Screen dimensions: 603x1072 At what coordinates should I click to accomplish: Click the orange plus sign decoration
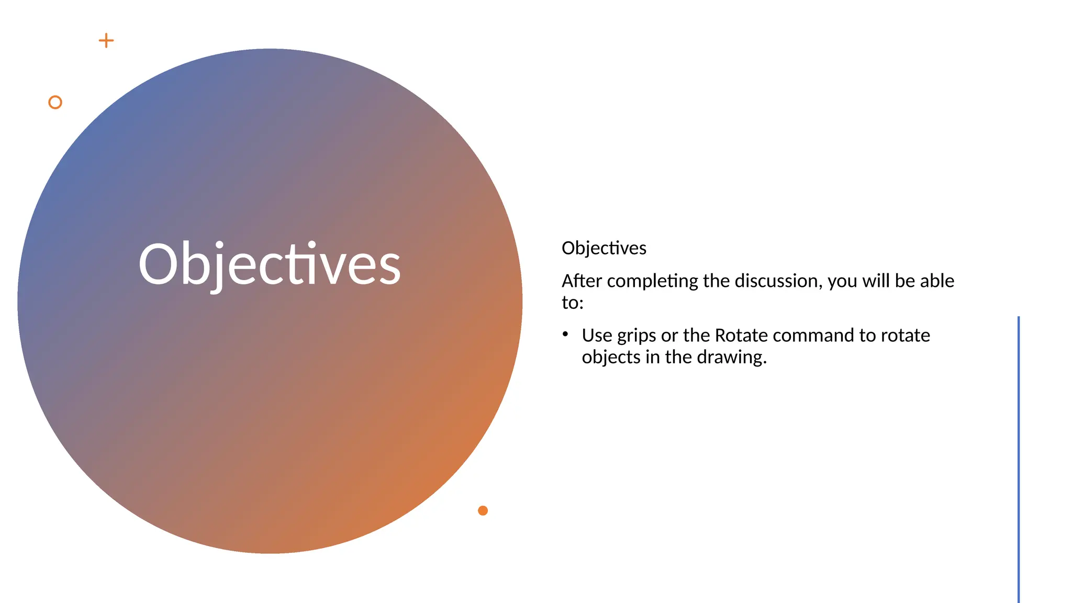(x=106, y=41)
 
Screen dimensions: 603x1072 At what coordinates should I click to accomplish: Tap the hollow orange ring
(x=55, y=102)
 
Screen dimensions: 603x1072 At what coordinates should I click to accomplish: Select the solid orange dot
(x=483, y=510)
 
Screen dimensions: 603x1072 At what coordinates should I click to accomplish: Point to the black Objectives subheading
(x=604, y=248)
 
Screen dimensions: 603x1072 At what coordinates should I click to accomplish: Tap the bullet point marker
(x=565, y=334)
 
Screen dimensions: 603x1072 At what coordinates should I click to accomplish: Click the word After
(x=582, y=281)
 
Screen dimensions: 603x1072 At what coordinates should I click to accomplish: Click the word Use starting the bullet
(x=597, y=335)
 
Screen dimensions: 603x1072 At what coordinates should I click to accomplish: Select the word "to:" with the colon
(x=572, y=303)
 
